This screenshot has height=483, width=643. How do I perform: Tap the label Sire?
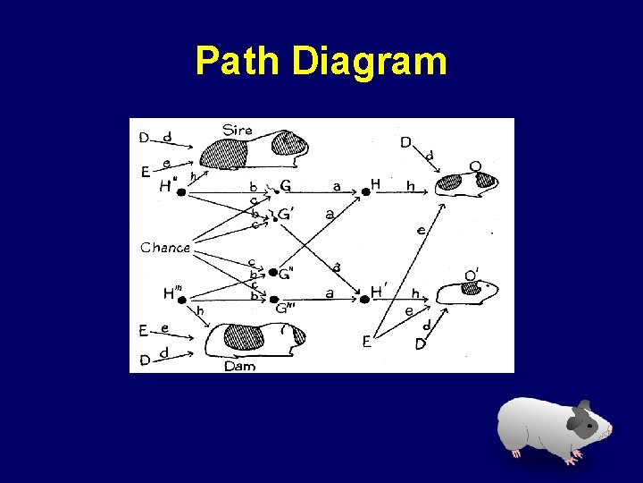[x=238, y=130]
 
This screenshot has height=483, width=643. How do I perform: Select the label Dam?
[x=239, y=365]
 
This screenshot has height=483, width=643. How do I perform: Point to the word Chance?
[x=165, y=247]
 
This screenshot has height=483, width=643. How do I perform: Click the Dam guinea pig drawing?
[x=254, y=339]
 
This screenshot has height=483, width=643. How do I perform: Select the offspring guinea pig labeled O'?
[x=470, y=290]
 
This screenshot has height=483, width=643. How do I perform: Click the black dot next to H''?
[x=181, y=191]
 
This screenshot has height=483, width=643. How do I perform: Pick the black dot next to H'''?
[x=182, y=300]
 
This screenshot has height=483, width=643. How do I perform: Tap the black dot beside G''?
[x=273, y=273]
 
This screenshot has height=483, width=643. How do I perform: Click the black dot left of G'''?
[x=274, y=300]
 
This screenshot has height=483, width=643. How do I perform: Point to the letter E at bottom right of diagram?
[x=366, y=340]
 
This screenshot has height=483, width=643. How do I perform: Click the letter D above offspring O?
[x=405, y=142]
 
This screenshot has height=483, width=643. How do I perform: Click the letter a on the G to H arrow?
[x=337, y=186]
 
